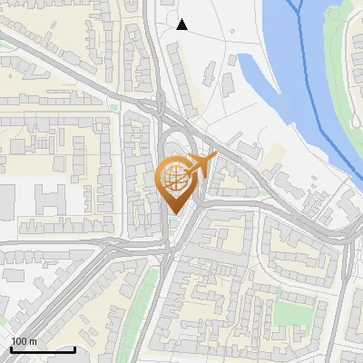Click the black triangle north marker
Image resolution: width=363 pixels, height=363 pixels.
(x=181, y=25)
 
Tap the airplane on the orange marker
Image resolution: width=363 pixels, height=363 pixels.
(x=201, y=166)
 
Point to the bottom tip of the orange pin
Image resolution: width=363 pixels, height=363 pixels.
(x=174, y=214)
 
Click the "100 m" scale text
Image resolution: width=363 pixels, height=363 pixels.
(x=24, y=341)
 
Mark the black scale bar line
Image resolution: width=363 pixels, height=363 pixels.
(x=42, y=349)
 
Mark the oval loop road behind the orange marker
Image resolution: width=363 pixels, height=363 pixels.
(x=181, y=150)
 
